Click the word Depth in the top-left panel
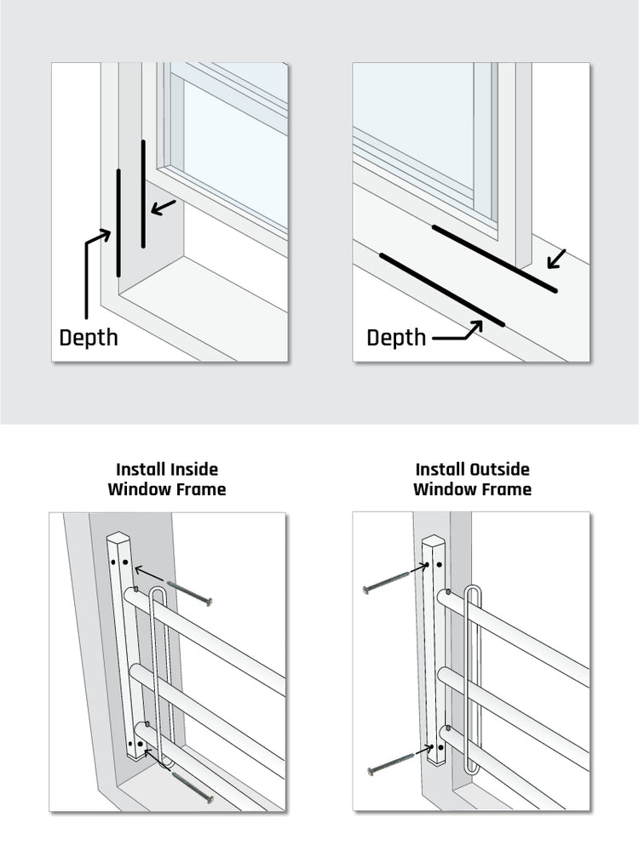point(89,337)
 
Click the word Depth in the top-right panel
point(396,337)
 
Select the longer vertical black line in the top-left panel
point(118,223)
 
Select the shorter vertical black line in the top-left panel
point(143,194)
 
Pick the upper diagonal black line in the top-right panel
point(494,259)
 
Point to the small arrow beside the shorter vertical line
point(164,207)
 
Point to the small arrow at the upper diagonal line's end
point(556,258)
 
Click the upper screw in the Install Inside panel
point(189,593)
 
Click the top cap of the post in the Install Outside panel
point(434,542)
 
